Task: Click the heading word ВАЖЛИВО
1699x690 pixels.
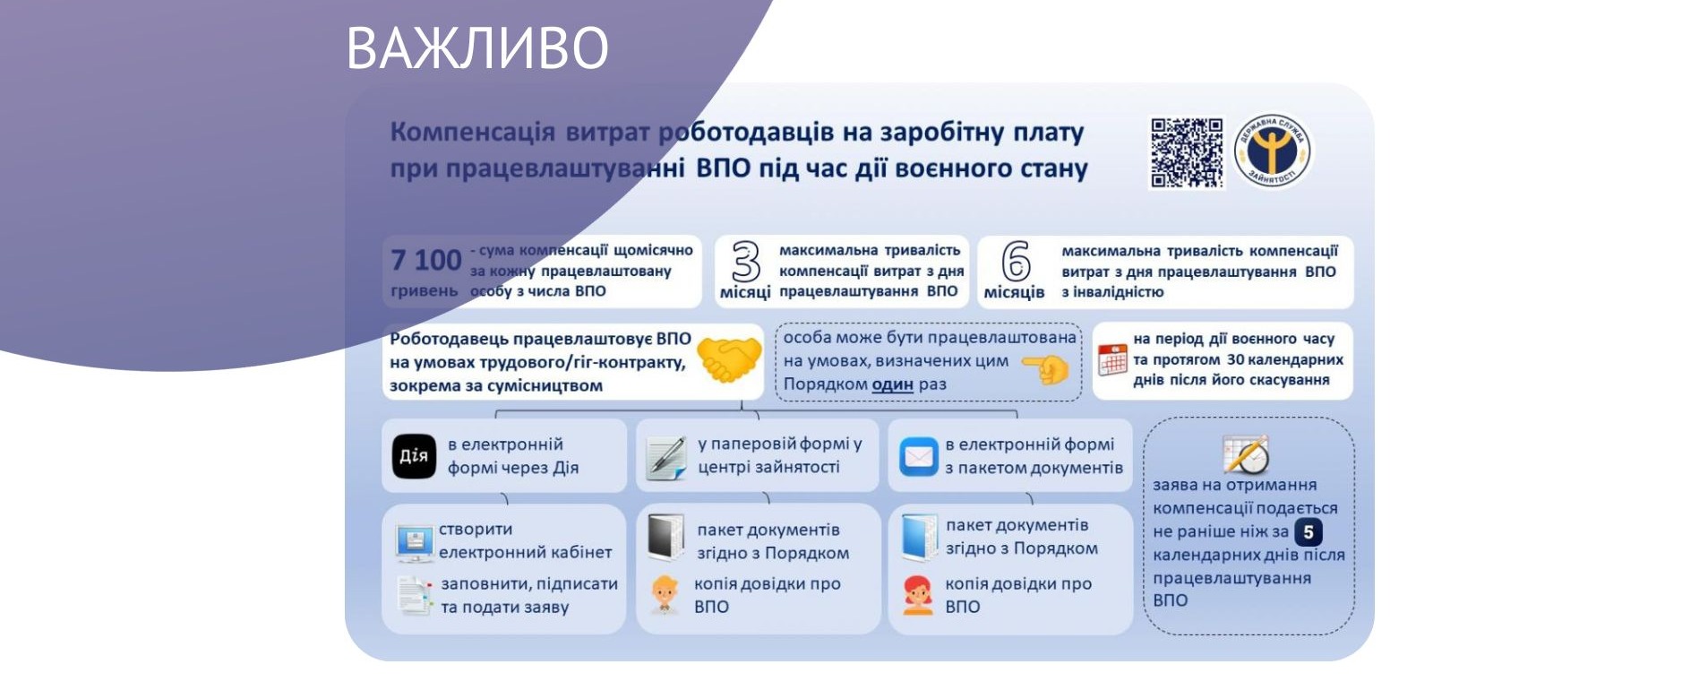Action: pos(477,47)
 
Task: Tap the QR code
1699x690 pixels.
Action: pos(1187,152)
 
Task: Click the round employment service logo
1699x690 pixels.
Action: pos(1272,151)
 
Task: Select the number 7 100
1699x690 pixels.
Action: pos(426,260)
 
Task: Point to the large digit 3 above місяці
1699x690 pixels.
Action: pos(745,262)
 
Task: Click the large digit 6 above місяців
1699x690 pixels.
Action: pos(1016,262)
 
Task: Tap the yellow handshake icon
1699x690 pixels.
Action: pos(728,360)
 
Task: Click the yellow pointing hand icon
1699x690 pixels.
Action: pos(1046,368)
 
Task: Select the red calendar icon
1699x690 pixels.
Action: pos(1112,359)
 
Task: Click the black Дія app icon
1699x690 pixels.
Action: pos(414,456)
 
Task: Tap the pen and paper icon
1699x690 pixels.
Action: pos(665,457)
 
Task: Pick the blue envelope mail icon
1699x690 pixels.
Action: pos(918,457)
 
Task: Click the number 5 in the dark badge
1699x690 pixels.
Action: pos(1309,532)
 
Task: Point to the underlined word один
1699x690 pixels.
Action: pos(893,384)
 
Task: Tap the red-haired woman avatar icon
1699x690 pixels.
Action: pos(918,595)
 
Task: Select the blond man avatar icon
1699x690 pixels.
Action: pos(665,595)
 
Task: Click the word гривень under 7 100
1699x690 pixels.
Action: pos(425,291)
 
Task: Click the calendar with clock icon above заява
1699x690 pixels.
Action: pos(1247,454)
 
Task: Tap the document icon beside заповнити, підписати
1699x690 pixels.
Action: pos(415,595)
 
